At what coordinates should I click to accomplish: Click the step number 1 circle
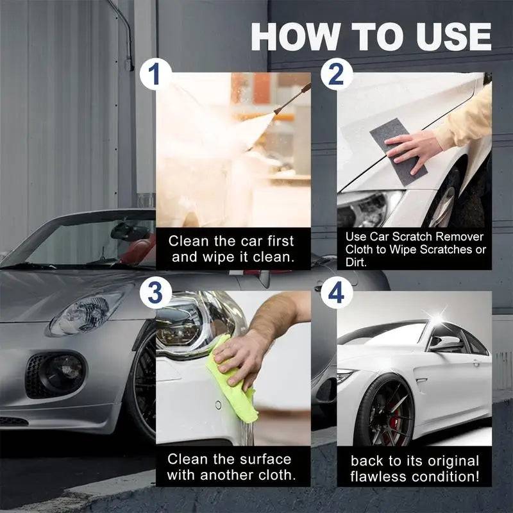click(x=154, y=75)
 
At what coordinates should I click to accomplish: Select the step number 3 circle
click(x=154, y=293)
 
